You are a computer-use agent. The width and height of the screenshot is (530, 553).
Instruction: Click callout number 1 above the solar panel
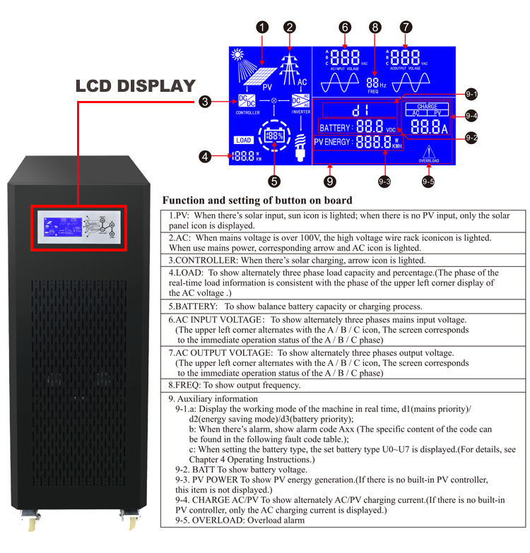tap(263, 28)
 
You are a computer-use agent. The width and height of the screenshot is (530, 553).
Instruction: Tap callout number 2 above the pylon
tap(289, 28)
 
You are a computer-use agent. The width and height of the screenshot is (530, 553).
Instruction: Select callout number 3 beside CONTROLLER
tap(204, 102)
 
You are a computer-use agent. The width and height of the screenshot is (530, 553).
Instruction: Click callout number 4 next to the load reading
tap(206, 157)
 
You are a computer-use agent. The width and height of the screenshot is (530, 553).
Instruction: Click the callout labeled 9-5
tap(428, 182)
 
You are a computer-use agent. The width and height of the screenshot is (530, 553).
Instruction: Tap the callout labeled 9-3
tap(384, 182)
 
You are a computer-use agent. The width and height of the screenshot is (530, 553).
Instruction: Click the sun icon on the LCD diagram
tap(237, 54)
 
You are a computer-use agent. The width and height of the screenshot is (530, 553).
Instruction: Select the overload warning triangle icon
tap(428, 152)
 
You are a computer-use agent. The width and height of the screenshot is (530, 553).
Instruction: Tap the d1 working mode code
tap(360, 110)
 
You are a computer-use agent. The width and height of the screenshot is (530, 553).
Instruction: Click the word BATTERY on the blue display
tap(335, 128)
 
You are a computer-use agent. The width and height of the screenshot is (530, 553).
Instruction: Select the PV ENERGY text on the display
tap(332, 142)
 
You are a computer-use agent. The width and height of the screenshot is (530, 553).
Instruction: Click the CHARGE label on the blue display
tap(428, 107)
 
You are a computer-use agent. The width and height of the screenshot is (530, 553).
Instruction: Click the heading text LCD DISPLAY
tap(136, 86)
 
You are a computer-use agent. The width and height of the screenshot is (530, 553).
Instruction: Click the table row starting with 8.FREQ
tap(240, 385)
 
